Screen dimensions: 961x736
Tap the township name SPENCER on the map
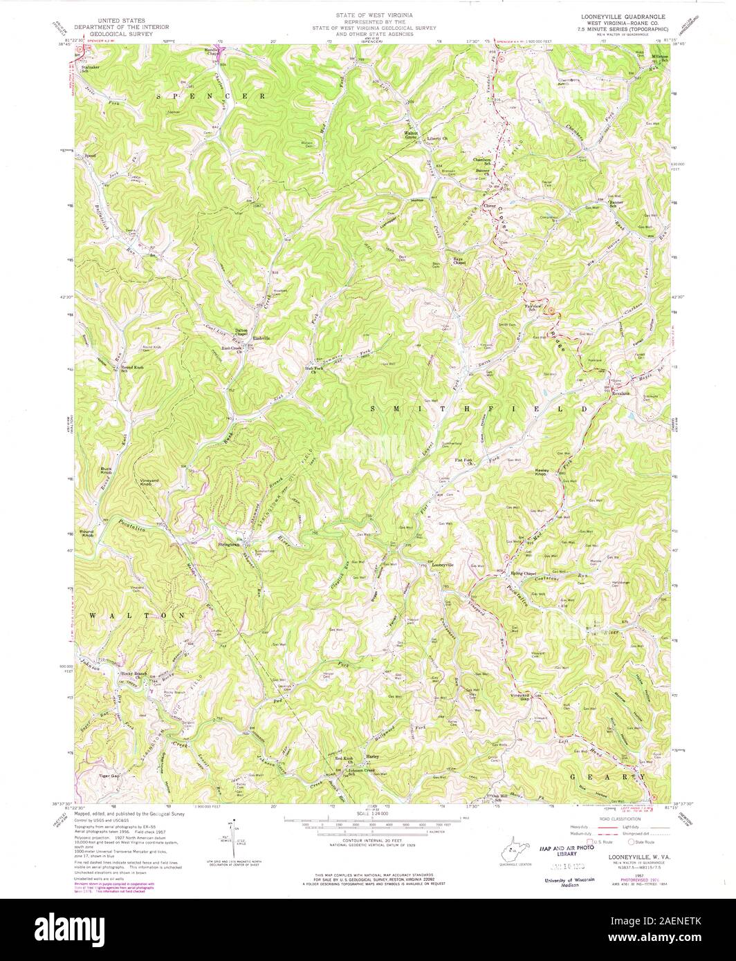pos(210,97)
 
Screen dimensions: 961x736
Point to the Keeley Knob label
pos(543,472)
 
